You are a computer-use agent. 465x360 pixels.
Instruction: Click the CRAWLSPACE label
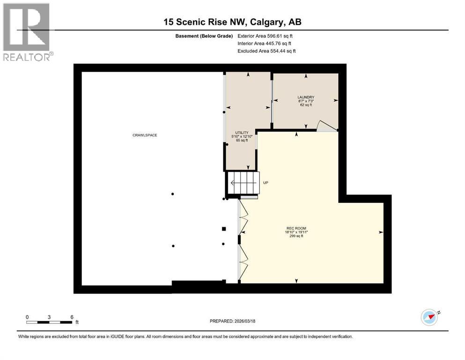tap(144, 135)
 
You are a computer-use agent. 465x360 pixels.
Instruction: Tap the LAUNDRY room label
tap(305, 97)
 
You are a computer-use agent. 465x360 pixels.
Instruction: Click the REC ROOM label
tap(296, 228)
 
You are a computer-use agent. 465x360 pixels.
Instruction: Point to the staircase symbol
tap(243, 182)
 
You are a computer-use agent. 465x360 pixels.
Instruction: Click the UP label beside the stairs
tap(266, 183)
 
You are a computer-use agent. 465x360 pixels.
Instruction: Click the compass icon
tap(429, 317)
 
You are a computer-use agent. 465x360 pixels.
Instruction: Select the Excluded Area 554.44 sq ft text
tap(266, 51)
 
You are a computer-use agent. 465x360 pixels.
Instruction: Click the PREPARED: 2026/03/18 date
tap(232, 321)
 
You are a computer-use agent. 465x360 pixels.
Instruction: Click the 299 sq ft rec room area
tap(296, 236)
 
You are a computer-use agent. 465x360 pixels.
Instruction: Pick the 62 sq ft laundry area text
tap(305, 105)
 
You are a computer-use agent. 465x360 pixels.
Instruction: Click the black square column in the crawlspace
tap(224, 229)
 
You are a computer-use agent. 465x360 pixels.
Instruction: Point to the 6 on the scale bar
tap(72, 317)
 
